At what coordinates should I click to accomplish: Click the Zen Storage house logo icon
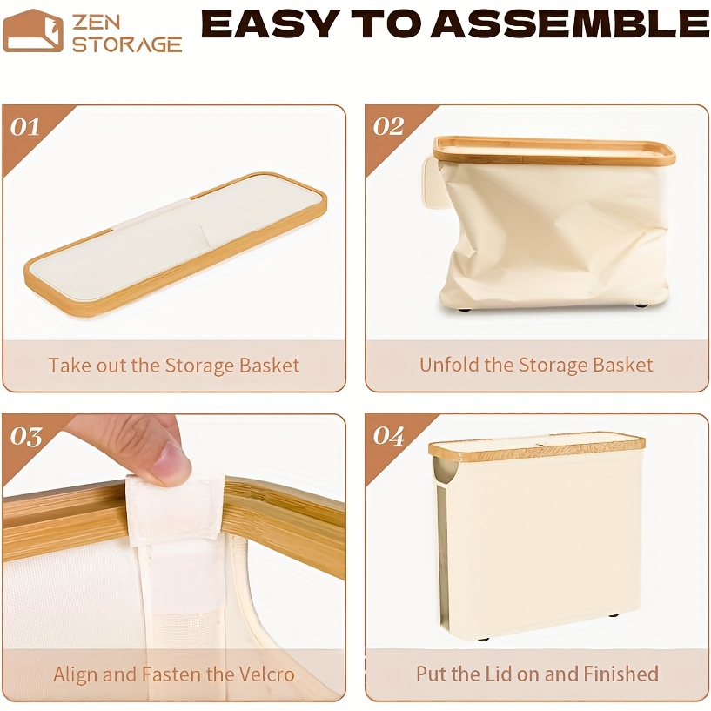[33, 30]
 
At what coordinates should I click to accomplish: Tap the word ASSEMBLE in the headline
[570, 24]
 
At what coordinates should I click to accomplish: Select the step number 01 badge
[25, 127]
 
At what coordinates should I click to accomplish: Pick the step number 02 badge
[388, 127]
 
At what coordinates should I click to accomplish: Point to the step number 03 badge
[26, 436]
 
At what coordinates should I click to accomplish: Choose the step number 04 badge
[388, 436]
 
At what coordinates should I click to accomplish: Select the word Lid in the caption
[499, 674]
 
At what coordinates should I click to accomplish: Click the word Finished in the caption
[620, 674]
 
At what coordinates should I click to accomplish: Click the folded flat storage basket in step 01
[176, 242]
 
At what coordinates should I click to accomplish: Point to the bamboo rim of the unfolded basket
[553, 151]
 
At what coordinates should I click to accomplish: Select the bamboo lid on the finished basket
[537, 446]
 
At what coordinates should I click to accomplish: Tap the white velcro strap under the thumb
[175, 510]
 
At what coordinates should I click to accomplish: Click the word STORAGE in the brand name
[127, 45]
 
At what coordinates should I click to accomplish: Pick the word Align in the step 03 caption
[76, 674]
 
